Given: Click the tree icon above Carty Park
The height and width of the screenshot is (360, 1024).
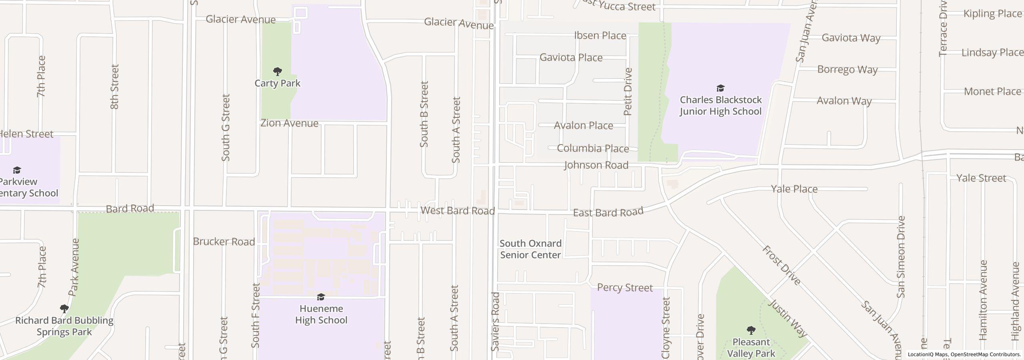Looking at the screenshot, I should (x=277, y=72).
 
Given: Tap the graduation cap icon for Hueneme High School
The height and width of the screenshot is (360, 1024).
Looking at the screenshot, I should (x=321, y=297).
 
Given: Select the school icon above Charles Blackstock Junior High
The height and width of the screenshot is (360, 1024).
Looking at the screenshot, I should (x=720, y=88).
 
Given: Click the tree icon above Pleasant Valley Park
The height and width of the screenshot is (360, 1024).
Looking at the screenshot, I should (x=751, y=330).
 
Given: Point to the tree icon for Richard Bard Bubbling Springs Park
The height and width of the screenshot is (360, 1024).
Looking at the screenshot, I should (x=64, y=309).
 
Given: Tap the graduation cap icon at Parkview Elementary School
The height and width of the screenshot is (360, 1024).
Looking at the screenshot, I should (x=17, y=170).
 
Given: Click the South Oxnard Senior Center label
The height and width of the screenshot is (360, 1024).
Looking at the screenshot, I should (x=530, y=249).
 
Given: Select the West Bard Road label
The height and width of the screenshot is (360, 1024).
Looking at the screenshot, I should (x=458, y=210).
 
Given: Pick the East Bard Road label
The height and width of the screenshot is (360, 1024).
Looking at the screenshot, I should (x=608, y=212).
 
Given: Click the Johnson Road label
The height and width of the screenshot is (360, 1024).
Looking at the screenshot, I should (x=596, y=165).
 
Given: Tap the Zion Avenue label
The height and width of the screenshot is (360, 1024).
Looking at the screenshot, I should (x=289, y=123).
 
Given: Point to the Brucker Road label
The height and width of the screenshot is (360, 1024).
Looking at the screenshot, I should (x=224, y=242).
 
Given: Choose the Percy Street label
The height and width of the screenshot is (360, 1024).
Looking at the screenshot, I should (x=625, y=288).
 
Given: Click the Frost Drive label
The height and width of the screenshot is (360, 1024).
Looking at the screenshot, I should (x=781, y=265).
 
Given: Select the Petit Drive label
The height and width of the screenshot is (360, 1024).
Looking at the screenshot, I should (x=628, y=92).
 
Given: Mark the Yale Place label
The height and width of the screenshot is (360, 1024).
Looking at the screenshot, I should (x=794, y=189).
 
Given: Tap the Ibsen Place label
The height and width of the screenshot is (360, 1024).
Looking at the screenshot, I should (x=600, y=36).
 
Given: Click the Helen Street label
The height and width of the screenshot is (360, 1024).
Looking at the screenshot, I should (x=26, y=134).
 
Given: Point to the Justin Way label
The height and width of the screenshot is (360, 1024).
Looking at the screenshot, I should (x=788, y=318).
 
